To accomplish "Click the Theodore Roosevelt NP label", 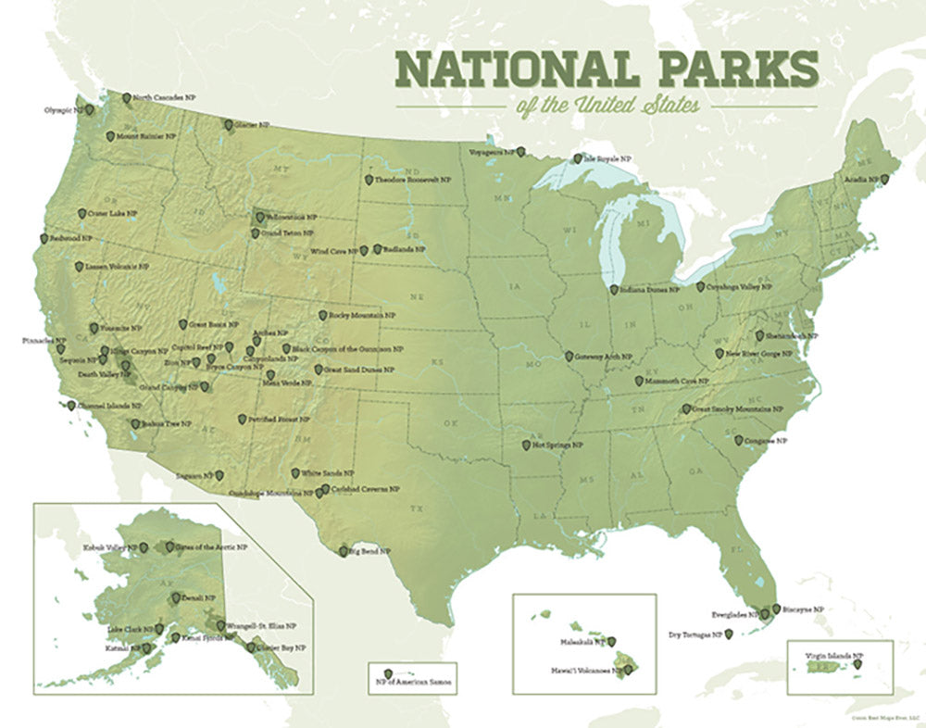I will [x=418, y=180].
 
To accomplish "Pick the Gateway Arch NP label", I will [x=604, y=357].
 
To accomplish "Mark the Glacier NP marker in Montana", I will [x=228, y=124].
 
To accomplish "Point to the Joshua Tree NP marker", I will [x=135, y=424].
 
